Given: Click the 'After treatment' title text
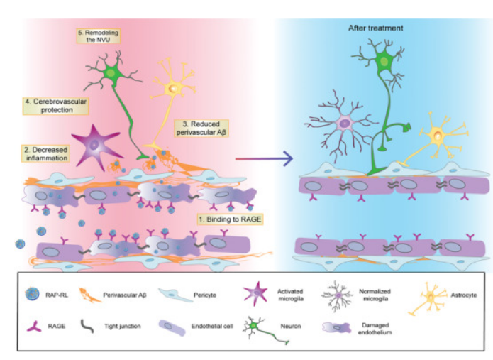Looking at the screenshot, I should coord(375,28).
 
